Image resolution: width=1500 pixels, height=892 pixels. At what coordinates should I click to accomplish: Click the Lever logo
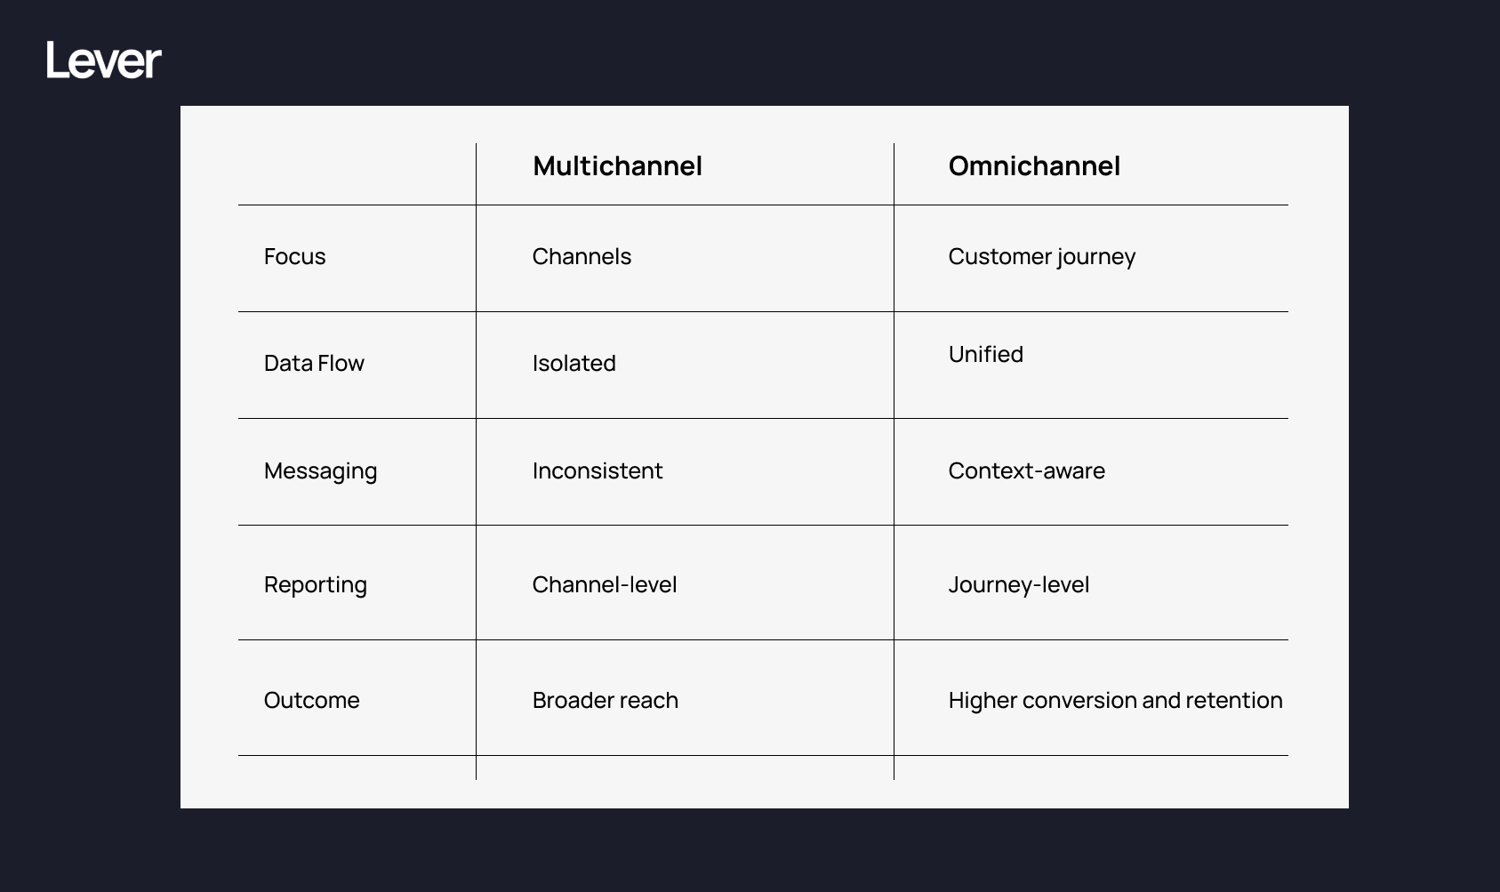click(104, 60)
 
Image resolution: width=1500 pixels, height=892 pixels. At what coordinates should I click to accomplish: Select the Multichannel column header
click(617, 166)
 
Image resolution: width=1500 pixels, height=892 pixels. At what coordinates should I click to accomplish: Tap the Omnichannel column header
click(1033, 166)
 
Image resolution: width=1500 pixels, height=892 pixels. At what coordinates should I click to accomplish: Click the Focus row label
click(294, 257)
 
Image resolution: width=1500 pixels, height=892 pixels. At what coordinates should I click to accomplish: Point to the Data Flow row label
click(314, 364)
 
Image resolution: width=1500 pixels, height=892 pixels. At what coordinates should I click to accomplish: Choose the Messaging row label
click(320, 471)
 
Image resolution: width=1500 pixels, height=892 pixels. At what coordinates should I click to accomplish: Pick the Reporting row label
click(315, 585)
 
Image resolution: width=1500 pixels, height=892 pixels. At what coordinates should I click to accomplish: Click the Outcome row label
click(311, 701)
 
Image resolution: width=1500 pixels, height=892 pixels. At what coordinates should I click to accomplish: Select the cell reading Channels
click(582, 257)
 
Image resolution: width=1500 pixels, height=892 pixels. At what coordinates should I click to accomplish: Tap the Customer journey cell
click(1041, 257)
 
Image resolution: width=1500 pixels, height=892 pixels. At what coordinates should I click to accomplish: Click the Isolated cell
click(574, 364)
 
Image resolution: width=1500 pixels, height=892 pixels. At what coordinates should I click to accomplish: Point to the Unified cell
click(985, 355)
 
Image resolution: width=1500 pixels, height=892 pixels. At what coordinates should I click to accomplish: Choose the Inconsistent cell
click(597, 471)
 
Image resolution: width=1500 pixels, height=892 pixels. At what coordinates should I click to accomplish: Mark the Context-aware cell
click(1026, 471)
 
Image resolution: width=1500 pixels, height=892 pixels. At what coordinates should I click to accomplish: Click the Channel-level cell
click(604, 585)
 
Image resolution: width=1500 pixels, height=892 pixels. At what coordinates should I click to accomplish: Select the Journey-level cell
click(1018, 585)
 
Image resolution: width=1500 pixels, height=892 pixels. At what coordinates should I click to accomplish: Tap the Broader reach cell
click(605, 701)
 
